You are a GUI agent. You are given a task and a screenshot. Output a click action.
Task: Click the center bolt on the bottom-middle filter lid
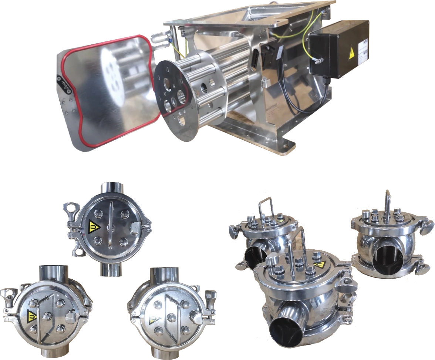pos(171,317)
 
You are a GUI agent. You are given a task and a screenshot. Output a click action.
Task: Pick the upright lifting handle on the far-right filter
pos(387,207)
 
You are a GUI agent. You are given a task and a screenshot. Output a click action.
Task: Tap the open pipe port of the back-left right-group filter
pos(255,257)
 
